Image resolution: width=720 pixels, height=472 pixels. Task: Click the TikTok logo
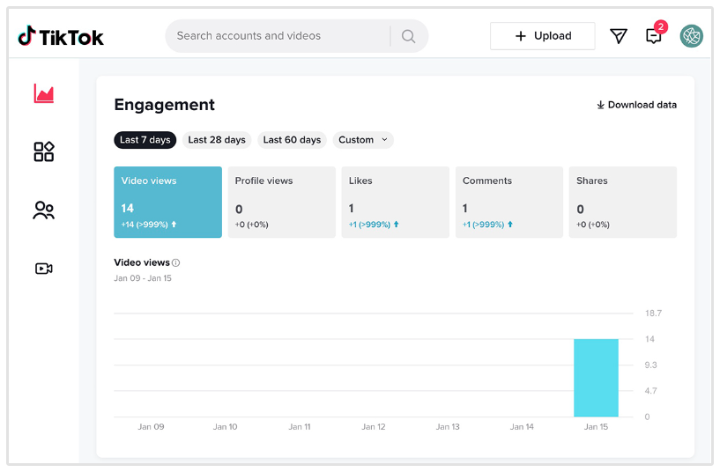(x=61, y=36)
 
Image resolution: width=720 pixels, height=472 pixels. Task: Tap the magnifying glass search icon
(x=408, y=36)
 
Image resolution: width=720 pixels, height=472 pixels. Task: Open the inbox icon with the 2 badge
(x=654, y=36)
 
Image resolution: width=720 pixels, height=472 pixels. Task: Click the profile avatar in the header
(x=692, y=36)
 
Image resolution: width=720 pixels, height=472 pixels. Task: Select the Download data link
(x=636, y=105)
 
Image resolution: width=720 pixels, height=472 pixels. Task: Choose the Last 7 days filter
(x=145, y=140)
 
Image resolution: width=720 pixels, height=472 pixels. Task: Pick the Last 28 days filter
(x=217, y=140)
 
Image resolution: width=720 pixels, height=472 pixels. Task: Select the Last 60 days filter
(x=292, y=140)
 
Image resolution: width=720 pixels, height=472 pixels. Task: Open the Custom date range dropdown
(x=363, y=140)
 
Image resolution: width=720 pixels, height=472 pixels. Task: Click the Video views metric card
(x=167, y=203)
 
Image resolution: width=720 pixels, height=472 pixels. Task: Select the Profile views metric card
(x=281, y=203)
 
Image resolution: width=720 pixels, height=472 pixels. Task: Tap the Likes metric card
(x=395, y=203)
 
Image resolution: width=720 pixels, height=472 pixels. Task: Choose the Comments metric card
(x=508, y=203)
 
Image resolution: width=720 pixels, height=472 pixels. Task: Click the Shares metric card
(x=622, y=203)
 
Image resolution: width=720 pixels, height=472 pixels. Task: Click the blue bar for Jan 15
(x=596, y=378)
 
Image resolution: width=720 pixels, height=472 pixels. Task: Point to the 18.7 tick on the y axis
(x=653, y=313)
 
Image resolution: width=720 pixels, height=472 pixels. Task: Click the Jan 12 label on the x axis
(x=374, y=427)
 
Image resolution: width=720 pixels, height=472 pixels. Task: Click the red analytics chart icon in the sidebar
(x=44, y=93)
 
